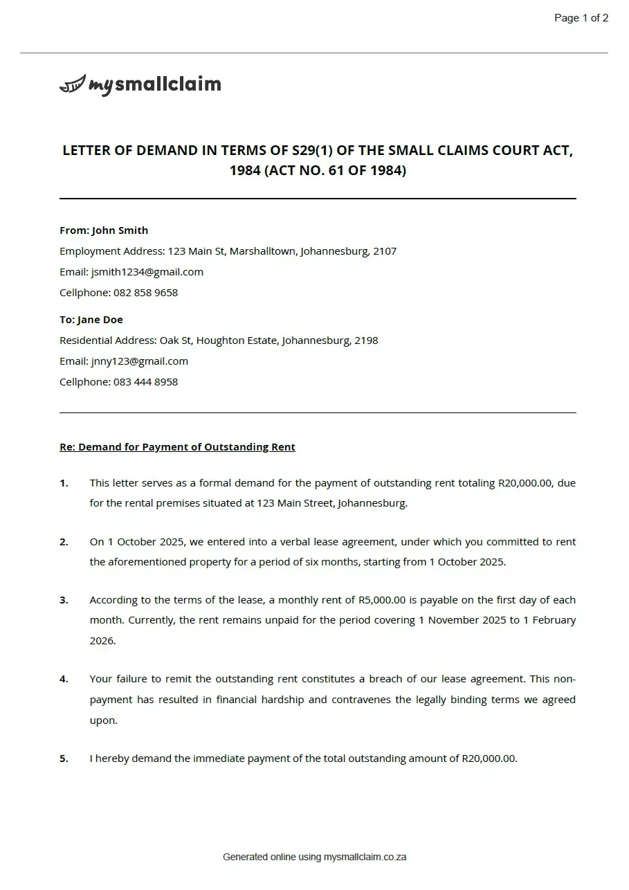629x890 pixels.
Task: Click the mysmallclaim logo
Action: (x=140, y=84)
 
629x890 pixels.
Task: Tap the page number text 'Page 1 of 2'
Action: (x=581, y=18)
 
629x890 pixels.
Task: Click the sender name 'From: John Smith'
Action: (x=104, y=230)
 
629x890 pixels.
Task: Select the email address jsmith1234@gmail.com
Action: (x=147, y=272)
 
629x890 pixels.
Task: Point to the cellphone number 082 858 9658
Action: (x=145, y=293)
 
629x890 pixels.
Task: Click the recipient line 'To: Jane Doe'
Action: (x=91, y=320)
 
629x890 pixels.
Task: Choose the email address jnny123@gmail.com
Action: (x=139, y=361)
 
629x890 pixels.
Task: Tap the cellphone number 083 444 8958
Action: (x=145, y=382)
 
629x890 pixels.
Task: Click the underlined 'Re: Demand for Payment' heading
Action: (x=177, y=447)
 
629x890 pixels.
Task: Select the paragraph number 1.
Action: (x=64, y=483)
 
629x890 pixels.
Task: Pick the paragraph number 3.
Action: (x=64, y=600)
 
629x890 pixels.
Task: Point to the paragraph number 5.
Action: (x=64, y=759)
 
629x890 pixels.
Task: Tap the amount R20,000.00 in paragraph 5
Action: (x=489, y=759)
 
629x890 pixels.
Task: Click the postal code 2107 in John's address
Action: (x=385, y=251)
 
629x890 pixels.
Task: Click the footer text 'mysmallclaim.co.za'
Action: (x=365, y=857)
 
